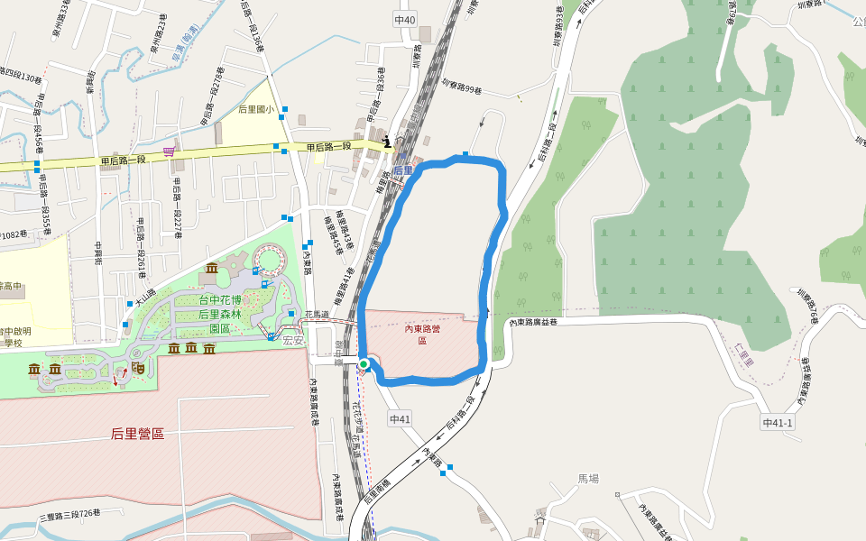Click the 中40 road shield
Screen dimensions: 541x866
pos(405,20)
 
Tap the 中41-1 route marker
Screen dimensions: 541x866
pos(777,422)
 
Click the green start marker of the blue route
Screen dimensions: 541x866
pos(364,364)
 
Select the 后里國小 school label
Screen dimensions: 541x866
pos(255,109)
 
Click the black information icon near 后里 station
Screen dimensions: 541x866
pos(387,141)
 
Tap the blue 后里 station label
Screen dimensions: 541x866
pos(402,170)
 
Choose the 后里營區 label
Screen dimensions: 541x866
pos(137,434)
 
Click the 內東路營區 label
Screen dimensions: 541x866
pos(421,335)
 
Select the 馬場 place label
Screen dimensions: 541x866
pos(588,479)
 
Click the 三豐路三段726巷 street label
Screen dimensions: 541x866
pos(69,515)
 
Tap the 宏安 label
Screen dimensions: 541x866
pos(293,341)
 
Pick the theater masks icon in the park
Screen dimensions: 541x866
pos(138,368)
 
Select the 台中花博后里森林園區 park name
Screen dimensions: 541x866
pos(221,314)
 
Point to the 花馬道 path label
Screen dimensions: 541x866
pos(316,315)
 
